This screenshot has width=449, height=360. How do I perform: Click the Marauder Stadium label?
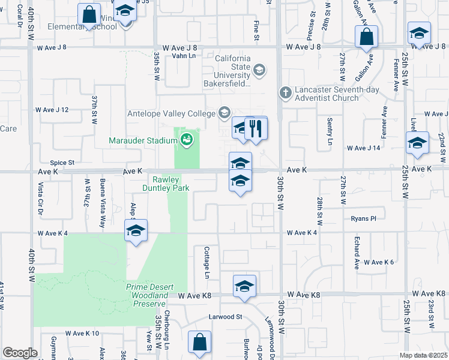coord(143,141)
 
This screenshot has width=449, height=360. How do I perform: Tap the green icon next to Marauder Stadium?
coord(188,140)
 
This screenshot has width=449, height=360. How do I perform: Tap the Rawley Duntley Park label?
coord(171,184)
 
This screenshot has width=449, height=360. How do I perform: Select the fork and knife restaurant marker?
coord(256,128)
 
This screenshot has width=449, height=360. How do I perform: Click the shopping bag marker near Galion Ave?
coord(366,37)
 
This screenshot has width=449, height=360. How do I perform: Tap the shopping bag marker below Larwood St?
coord(199,343)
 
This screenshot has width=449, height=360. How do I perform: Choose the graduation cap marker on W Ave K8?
coord(244,286)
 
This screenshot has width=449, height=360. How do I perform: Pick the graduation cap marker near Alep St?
coord(136,230)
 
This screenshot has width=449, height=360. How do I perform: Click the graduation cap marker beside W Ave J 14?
coord(417,143)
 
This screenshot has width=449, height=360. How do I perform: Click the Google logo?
coord(20,353)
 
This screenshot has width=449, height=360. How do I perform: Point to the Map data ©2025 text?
coord(423,355)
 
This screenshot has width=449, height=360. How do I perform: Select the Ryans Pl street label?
coord(364,219)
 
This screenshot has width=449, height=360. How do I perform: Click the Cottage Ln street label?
coord(206,264)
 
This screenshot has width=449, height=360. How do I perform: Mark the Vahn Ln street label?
coord(184,56)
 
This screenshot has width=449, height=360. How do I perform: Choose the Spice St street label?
coord(62,162)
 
